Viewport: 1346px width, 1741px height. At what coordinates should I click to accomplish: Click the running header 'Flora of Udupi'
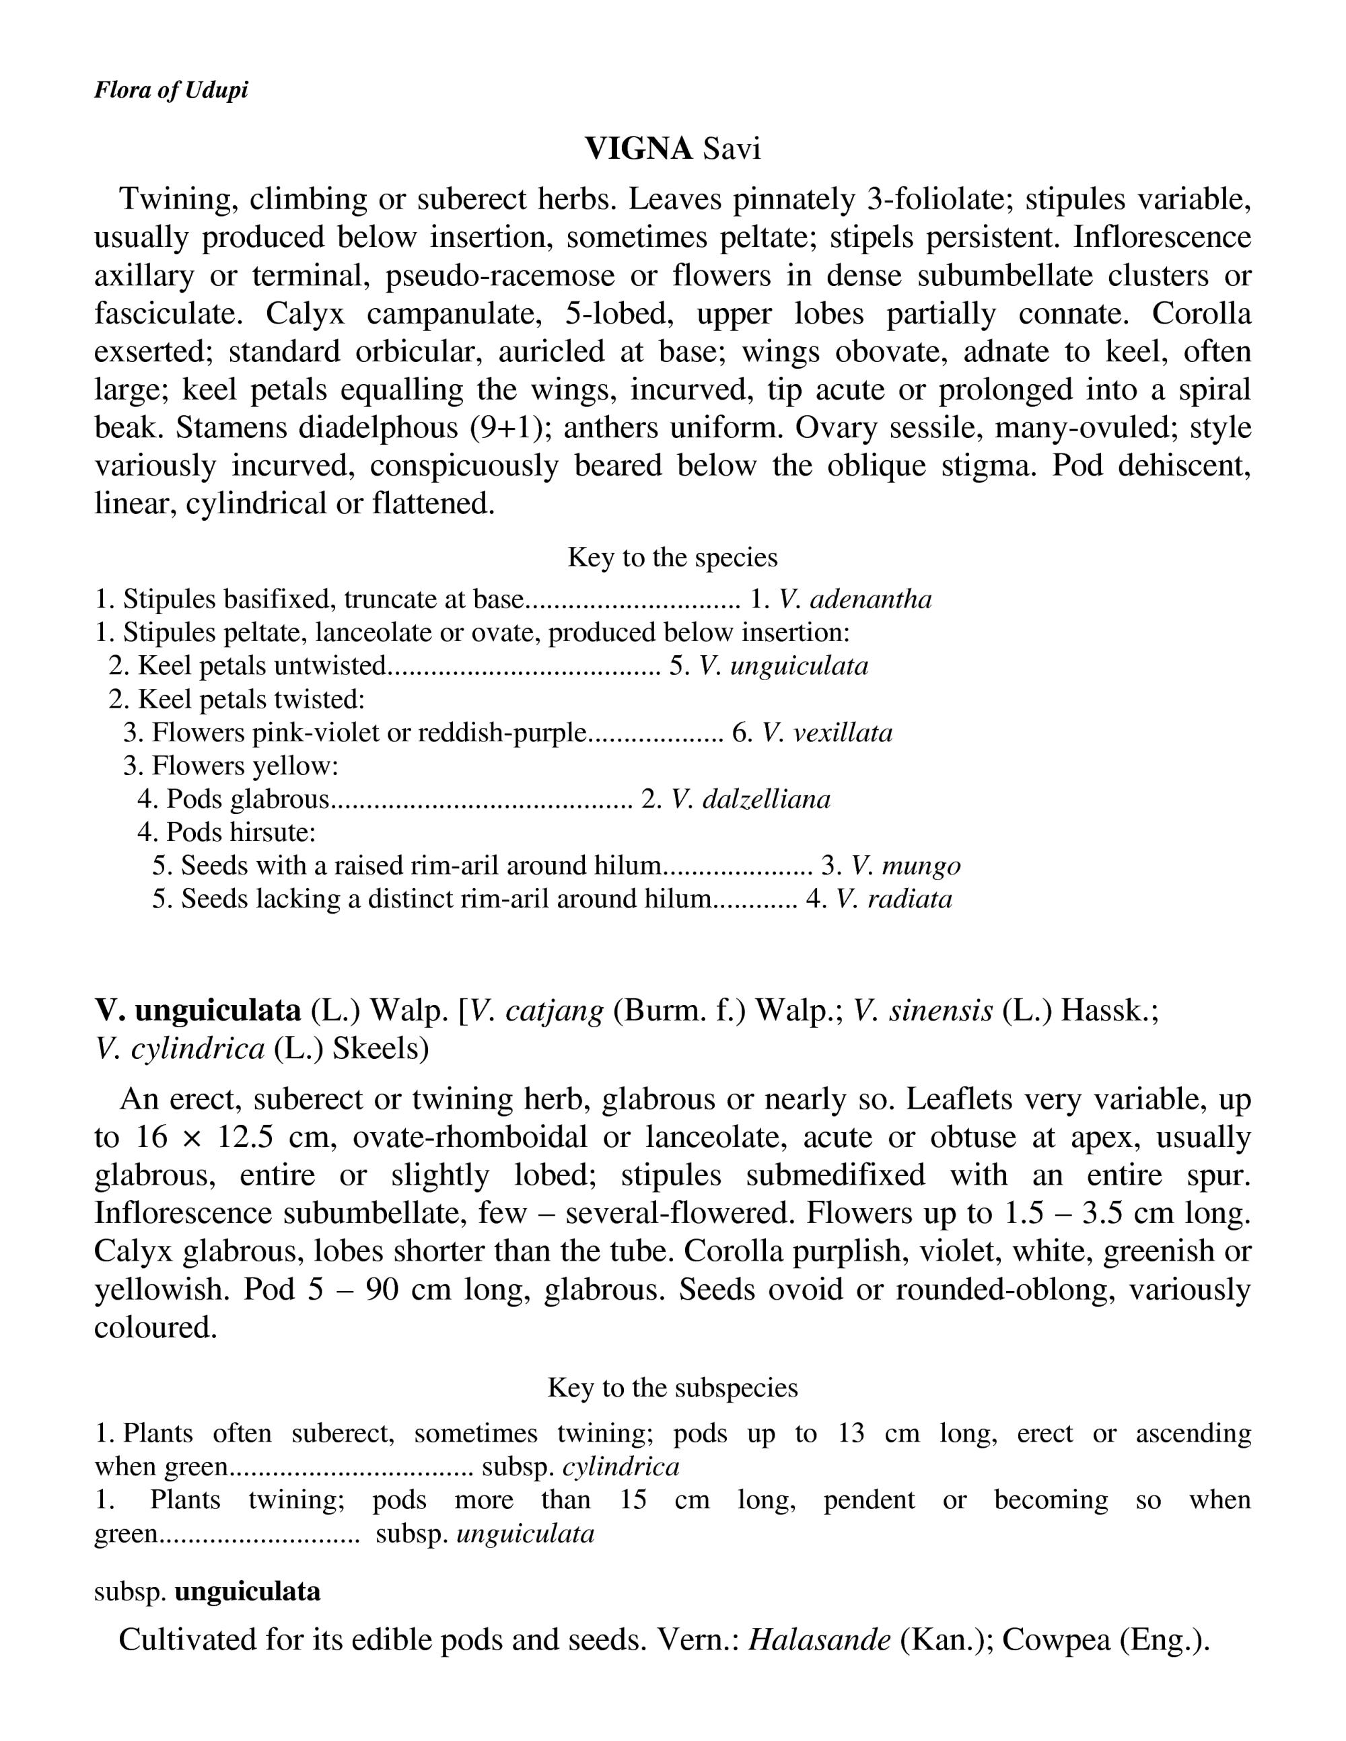(171, 90)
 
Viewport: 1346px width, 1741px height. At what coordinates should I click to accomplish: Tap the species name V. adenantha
(855, 599)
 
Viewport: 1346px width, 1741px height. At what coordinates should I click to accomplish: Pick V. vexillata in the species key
(827, 733)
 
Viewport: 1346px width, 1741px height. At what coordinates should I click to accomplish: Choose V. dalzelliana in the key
(750, 800)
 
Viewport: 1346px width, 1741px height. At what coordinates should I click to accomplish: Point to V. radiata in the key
(893, 899)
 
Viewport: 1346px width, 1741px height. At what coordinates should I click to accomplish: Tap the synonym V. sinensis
(923, 1012)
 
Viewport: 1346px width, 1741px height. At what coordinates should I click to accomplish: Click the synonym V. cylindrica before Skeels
(180, 1049)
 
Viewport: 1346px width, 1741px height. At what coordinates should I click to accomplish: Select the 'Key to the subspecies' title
(672, 1388)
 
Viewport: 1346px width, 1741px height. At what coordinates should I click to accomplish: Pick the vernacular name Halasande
(819, 1641)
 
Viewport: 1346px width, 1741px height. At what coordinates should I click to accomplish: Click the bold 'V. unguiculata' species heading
(198, 1012)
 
